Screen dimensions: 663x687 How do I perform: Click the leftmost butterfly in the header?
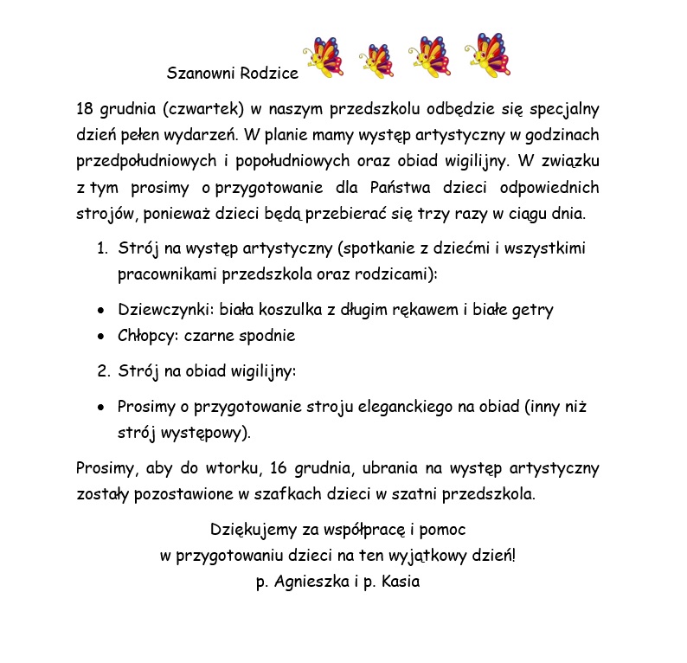(322, 58)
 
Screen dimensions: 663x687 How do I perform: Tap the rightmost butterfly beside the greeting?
(489, 55)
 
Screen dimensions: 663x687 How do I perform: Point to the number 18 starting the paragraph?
(85, 110)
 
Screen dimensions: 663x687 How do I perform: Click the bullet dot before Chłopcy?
(101, 336)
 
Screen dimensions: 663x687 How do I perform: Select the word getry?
(533, 311)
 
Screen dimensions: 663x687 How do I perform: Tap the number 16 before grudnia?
(279, 469)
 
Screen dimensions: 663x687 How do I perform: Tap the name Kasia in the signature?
(400, 582)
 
